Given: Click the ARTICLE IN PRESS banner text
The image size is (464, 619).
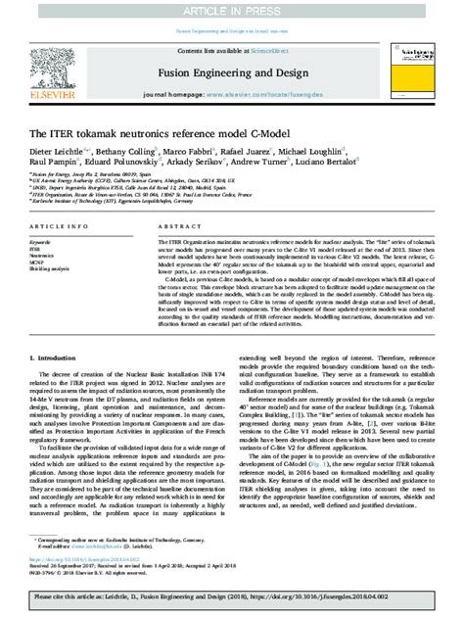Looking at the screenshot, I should point(232,8).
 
